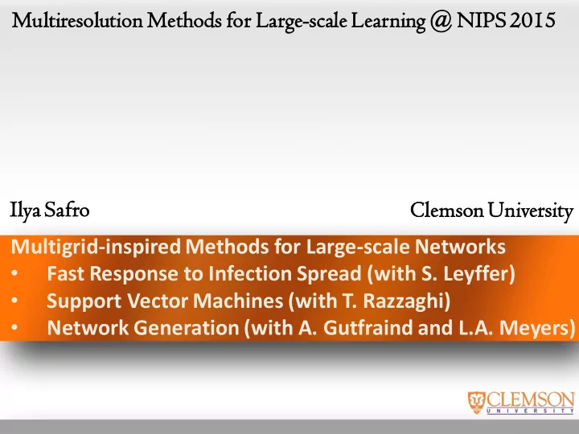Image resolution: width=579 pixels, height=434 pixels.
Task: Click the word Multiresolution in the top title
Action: click(x=77, y=21)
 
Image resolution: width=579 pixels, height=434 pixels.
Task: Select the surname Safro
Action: click(x=67, y=210)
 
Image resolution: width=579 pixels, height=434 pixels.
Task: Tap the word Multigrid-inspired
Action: click(x=96, y=248)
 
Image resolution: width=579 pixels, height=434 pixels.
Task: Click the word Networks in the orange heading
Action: click(x=460, y=247)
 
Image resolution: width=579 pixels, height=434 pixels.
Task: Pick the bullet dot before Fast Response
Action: click(x=14, y=273)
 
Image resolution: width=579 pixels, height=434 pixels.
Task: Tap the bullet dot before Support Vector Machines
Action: click(x=14, y=301)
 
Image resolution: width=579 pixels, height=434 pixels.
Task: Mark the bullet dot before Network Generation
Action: click(x=14, y=328)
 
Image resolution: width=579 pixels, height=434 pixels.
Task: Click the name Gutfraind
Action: click(x=368, y=328)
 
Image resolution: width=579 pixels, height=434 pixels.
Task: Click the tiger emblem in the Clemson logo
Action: click(x=476, y=403)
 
